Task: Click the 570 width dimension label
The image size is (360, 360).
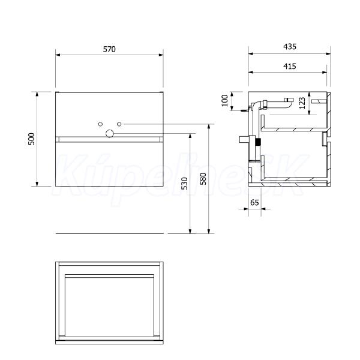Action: pos(109,49)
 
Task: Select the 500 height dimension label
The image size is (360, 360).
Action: pos(31,139)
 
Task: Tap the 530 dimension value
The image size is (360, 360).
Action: pos(184,183)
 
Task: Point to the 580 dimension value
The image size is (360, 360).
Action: pos(203,179)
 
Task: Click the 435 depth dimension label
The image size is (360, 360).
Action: pos(290,47)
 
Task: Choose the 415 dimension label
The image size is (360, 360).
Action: pos(290,67)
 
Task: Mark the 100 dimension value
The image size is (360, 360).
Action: pos(225,100)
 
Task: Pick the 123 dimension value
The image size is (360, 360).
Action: pos(302,103)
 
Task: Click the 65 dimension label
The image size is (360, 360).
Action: pos(254,203)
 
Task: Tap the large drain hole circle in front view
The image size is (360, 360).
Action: pos(110,133)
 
